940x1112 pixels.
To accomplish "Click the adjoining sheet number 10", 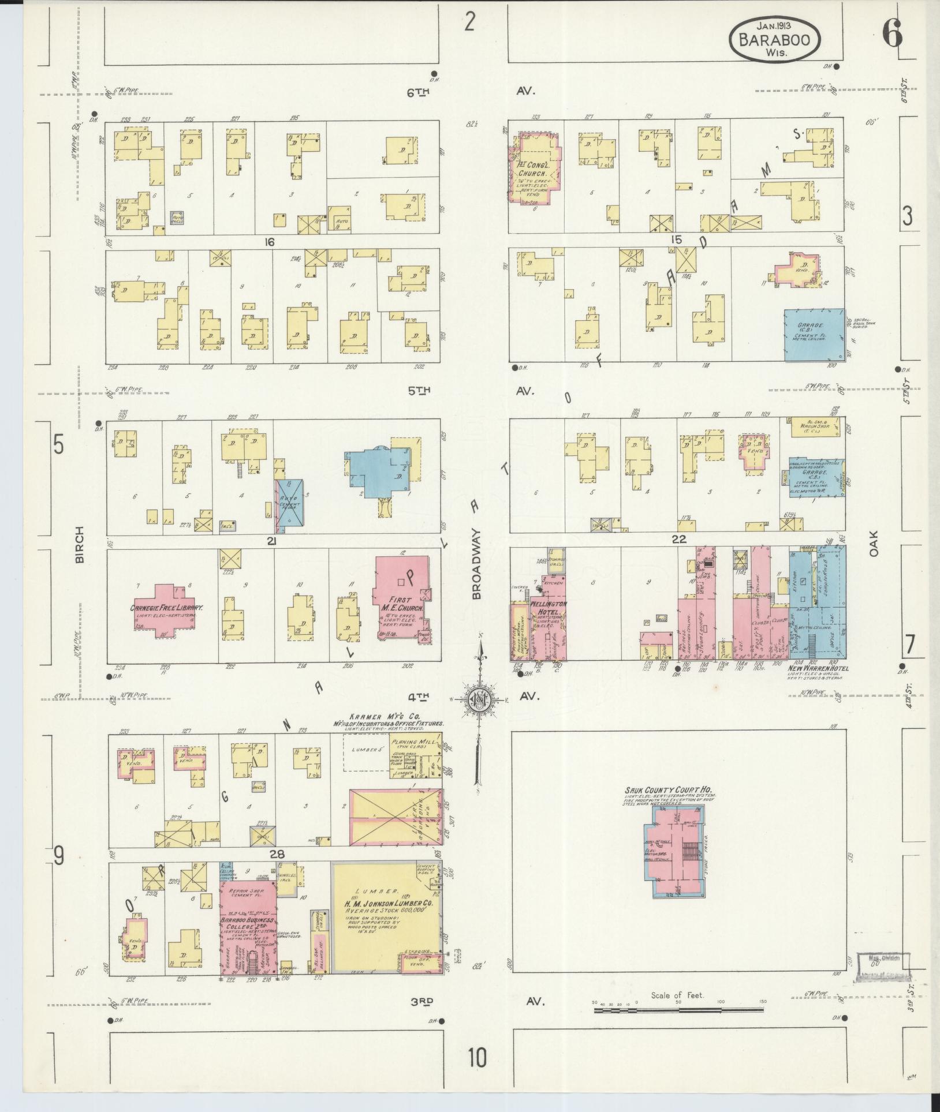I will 478,1058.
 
